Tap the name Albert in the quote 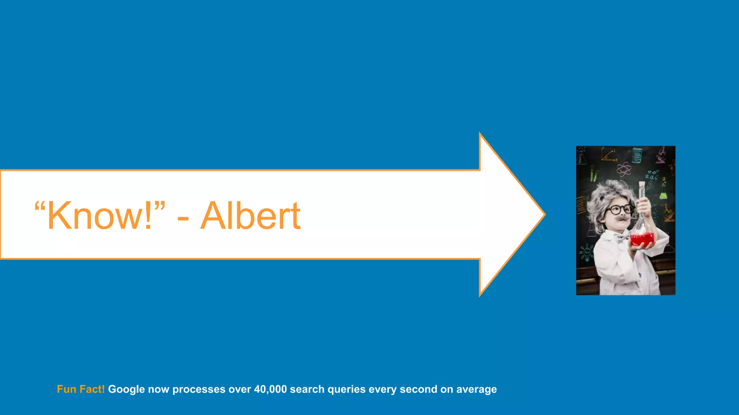click(250, 215)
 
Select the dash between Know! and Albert click(183, 218)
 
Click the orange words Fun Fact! click(80, 389)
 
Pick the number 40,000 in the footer click(270, 389)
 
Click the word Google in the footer click(126, 389)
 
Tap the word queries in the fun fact click(346, 389)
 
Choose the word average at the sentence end click(476, 389)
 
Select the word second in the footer click(418, 389)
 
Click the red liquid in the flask click(642, 239)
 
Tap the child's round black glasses click(620, 209)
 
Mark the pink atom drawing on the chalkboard click(624, 169)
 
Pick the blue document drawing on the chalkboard click(637, 155)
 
